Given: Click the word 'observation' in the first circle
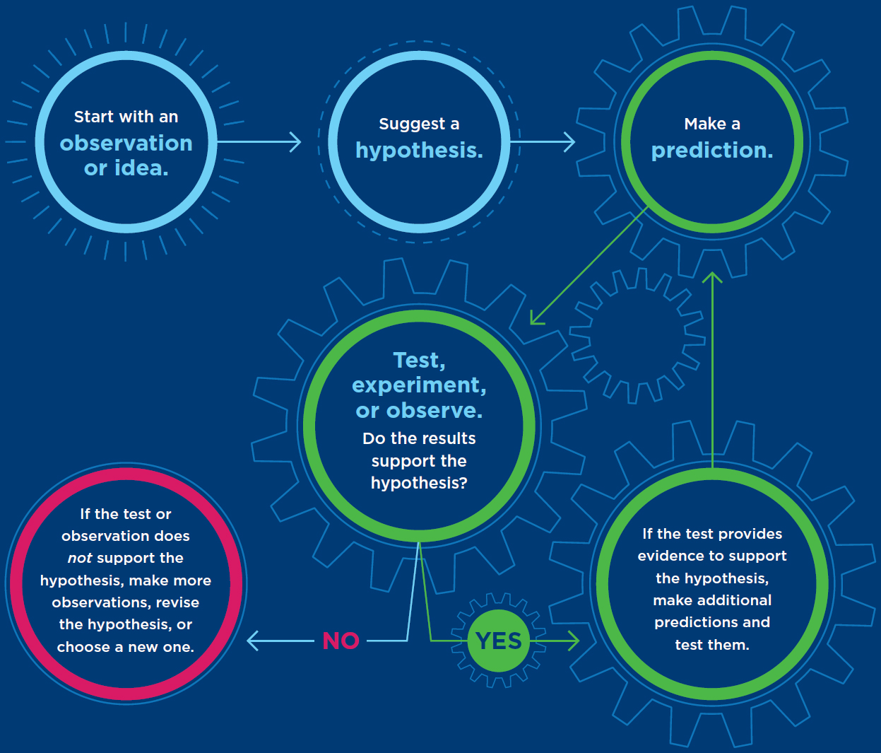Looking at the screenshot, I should click(126, 144).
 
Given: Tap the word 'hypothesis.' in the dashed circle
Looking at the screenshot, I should click(419, 151).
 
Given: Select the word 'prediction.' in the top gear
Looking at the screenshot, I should click(712, 151).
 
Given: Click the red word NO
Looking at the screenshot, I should click(341, 641).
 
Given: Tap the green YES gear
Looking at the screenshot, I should click(499, 641).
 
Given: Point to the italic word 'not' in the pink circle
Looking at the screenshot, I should click(80, 558).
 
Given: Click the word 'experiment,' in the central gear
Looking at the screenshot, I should click(419, 385).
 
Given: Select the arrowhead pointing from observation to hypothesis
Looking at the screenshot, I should click(296, 142).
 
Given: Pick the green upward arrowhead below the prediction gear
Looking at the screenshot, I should click(712, 277).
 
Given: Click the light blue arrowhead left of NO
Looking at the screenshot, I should click(252, 641).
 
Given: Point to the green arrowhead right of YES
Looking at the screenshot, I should click(573, 641).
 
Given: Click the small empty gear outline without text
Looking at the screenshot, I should click(638, 336).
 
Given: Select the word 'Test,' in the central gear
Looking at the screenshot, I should click(419, 361).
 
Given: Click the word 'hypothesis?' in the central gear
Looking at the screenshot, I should click(419, 483).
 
